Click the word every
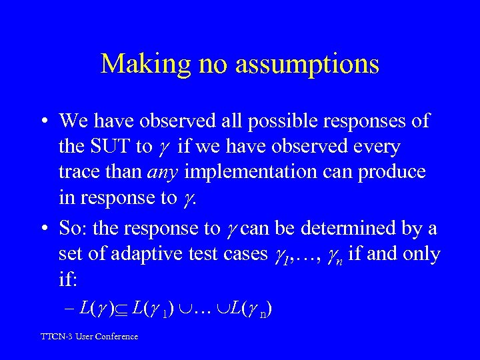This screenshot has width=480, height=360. point(377,146)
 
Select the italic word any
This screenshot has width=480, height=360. point(164,171)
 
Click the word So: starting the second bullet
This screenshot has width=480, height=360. point(73,228)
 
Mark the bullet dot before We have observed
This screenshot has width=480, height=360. point(43,121)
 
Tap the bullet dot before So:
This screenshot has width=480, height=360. point(43,229)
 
